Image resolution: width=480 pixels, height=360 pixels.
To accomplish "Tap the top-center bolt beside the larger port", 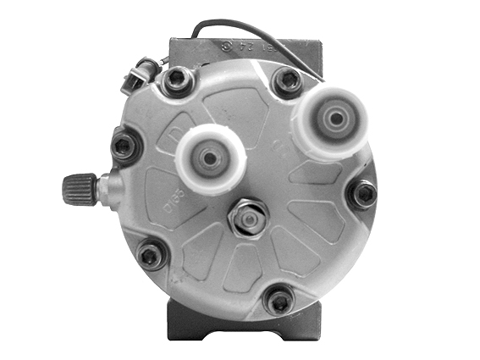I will point(286,80).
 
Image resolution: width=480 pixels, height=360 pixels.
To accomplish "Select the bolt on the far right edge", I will point(364,193).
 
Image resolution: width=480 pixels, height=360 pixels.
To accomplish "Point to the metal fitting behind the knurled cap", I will point(108,187).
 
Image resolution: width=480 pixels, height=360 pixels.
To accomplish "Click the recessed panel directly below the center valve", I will point(246,267).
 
